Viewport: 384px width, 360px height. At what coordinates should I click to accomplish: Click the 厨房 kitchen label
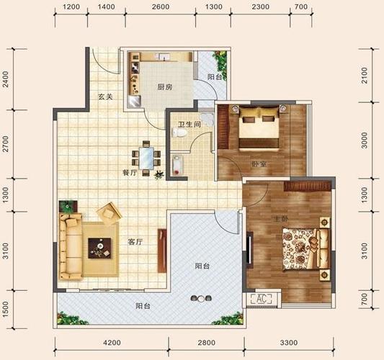coord(165,86)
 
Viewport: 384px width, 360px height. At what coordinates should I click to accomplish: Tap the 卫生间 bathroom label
coord(189,125)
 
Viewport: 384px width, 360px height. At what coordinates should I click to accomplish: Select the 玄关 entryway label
coord(105,96)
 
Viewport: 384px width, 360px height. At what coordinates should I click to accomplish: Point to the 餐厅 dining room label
coord(130,173)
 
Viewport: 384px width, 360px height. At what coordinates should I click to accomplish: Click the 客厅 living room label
coord(135,242)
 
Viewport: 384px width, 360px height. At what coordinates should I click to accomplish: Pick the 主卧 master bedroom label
coord(281,219)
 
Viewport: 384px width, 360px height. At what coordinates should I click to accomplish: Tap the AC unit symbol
coord(262,299)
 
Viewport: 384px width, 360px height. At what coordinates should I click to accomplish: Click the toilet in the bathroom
coord(179,132)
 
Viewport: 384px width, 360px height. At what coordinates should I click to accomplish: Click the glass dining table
coord(146,158)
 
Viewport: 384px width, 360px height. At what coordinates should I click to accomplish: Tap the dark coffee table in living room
coord(99,248)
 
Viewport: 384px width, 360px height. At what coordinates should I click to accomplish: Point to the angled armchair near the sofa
coord(109,214)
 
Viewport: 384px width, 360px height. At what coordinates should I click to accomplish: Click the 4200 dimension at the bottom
coord(112,343)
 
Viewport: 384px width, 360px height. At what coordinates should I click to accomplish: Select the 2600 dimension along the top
coord(161,6)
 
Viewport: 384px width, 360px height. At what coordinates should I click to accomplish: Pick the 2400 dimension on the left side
coord(5,79)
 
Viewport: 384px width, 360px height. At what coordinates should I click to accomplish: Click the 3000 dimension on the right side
coord(365,140)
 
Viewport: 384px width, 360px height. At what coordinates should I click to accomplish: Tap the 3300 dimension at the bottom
coord(289,343)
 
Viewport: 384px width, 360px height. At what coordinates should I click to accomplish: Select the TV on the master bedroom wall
coord(249,250)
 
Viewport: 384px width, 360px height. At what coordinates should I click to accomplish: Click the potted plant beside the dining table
coord(158,175)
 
